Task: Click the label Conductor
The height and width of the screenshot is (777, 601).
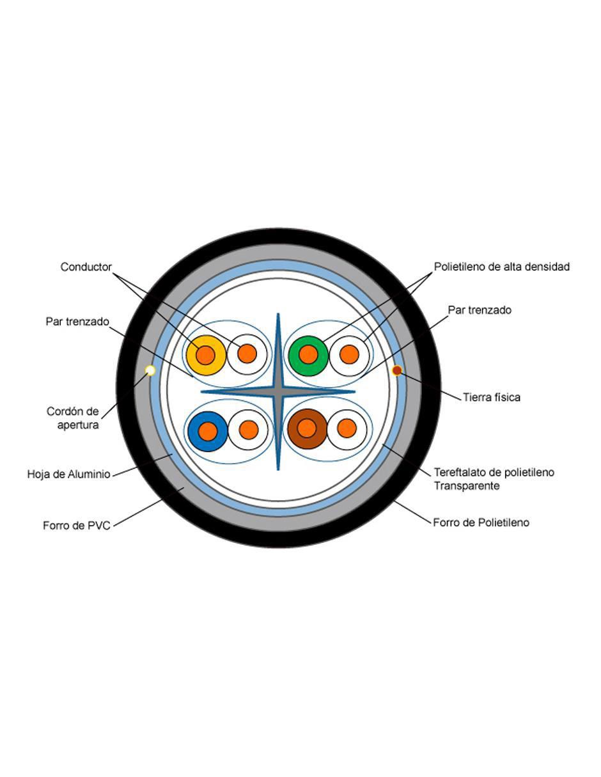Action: (x=86, y=267)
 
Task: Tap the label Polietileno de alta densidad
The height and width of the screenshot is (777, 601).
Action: (x=502, y=267)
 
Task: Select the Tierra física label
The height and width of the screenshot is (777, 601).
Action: (x=491, y=397)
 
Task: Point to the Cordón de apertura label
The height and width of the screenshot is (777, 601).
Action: (x=73, y=418)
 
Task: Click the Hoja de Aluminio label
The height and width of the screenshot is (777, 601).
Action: (x=69, y=474)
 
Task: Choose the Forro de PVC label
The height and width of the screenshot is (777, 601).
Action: (x=77, y=526)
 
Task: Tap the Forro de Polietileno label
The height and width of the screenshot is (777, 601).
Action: (x=481, y=522)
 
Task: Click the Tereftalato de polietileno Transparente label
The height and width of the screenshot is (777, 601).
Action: (x=494, y=479)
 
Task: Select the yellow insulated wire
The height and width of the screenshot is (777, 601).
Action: (x=206, y=355)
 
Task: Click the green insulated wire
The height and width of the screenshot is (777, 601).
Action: (x=308, y=356)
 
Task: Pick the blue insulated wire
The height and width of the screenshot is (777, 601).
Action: (x=208, y=431)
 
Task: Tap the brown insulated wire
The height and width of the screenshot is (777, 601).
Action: (x=307, y=428)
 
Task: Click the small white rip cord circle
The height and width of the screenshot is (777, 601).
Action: (x=150, y=370)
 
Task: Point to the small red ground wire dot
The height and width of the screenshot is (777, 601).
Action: (x=397, y=370)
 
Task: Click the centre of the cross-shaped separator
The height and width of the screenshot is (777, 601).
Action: (x=278, y=392)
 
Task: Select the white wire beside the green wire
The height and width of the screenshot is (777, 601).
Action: (x=350, y=356)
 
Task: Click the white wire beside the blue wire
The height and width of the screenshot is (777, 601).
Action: (x=248, y=430)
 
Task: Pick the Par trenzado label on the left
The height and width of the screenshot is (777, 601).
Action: (x=77, y=322)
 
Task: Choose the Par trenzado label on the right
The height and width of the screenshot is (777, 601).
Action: (x=480, y=310)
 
